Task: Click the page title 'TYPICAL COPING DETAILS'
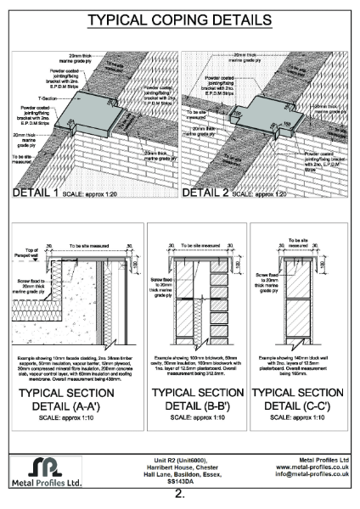tap(180, 19)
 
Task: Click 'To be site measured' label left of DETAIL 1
tap(23, 159)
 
